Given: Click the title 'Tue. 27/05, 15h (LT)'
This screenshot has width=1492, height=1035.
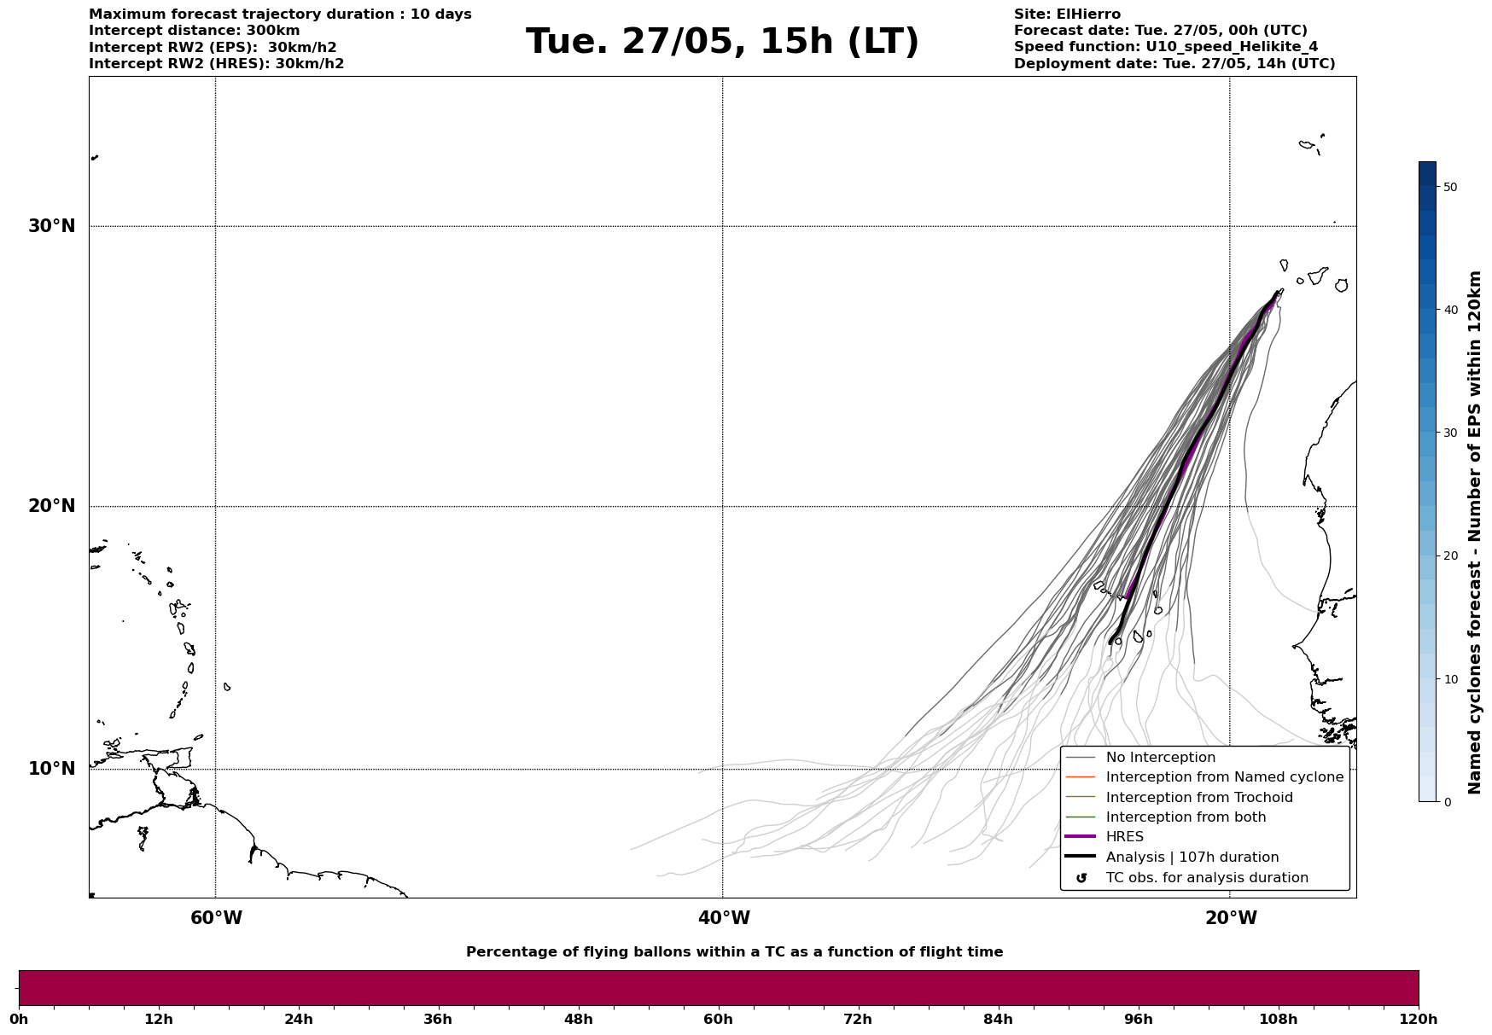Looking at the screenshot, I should point(722,42).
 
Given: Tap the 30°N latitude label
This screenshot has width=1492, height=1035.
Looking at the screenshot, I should point(52,226).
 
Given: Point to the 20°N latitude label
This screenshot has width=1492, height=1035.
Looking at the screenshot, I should point(52,506).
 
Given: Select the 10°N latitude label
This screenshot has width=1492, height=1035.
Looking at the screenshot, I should point(52,769).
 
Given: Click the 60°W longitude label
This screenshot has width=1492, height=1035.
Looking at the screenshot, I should point(216,918).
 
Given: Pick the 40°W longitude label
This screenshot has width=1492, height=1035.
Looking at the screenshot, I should point(724,918).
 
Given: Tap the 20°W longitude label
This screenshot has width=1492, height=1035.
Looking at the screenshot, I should point(1231,918).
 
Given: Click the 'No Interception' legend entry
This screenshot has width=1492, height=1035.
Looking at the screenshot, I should point(1160,758).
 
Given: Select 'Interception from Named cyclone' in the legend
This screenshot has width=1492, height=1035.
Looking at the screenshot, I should point(1224,777).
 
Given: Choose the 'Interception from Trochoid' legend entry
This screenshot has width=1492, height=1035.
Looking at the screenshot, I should point(1198,798).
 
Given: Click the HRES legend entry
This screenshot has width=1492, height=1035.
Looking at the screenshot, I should point(1124,837).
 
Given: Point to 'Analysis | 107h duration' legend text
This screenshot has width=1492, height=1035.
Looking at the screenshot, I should point(1192,858).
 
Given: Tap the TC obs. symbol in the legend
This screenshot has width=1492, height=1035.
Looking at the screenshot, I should point(1081,878).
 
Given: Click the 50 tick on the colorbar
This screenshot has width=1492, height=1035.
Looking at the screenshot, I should point(1450,187).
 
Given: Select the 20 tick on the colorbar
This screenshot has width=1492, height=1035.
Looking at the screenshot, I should point(1450,556).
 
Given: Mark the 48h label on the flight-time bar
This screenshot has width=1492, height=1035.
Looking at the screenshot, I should point(578,1020).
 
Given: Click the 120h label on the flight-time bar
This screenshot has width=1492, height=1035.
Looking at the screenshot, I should point(1418,1020).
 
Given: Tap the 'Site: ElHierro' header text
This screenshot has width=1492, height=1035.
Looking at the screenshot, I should point(1067,15).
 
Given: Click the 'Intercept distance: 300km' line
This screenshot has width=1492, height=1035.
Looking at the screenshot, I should point(195,31).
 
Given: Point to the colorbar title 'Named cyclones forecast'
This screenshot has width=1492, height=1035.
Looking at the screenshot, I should point(1475,532).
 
